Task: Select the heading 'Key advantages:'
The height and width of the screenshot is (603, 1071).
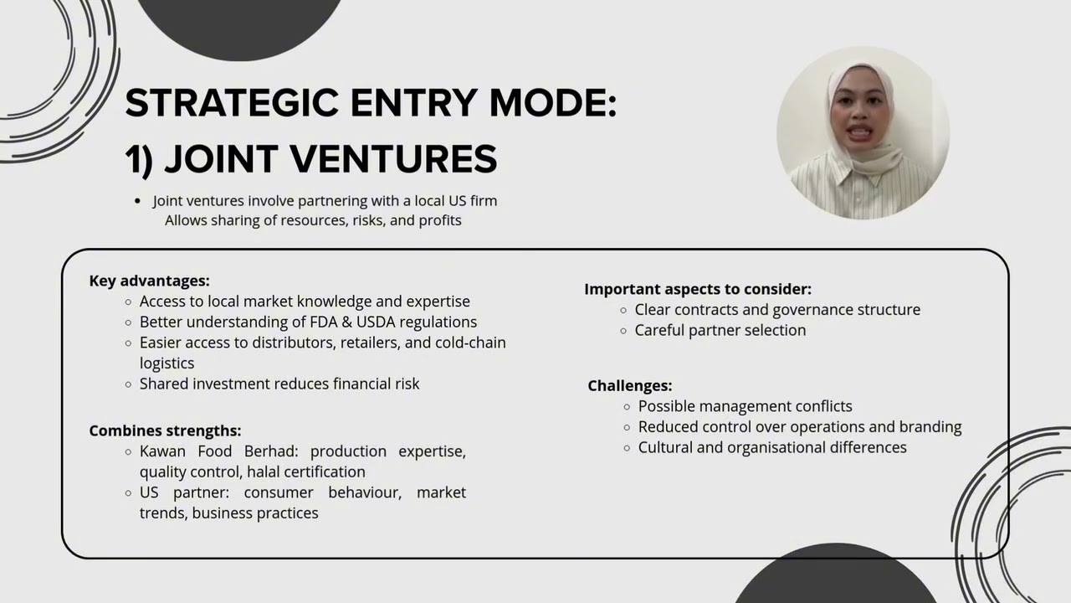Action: pos(149,281)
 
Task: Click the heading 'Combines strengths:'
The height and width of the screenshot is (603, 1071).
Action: pos(165,430)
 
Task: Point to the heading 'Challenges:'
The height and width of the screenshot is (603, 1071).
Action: pos(629,385)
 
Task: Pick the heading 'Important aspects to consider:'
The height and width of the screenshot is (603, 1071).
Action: pos(698,289)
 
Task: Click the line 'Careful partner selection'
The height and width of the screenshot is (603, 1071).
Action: pos(720,330)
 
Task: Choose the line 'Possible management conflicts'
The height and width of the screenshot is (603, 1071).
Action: pos(745,406)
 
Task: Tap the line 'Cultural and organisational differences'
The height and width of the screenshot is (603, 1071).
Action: pos(772,447)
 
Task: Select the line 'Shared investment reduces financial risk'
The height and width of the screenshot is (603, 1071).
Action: pos(279,384)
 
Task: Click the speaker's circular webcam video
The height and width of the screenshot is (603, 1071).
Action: pos(863,132)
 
